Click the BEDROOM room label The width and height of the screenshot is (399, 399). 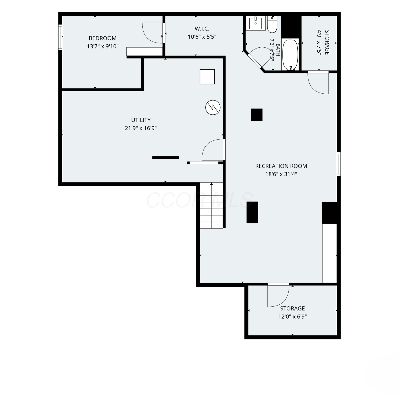click(103, 38)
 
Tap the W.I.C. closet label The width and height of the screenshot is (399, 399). click(202, 29)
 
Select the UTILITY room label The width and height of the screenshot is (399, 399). click(141, 120)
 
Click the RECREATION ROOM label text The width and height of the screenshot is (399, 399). click(281, 166)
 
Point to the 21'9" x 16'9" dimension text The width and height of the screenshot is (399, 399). click(141, 128)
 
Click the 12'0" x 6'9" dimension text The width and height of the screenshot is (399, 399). click(293, 317)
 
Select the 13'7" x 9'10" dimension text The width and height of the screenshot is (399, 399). click(103, 46)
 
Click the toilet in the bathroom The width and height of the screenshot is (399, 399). click(272, 24)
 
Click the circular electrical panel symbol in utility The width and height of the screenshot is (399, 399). click(213, 107)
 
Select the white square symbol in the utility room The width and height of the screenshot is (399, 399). click(207, 77)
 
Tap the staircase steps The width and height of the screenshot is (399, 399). click(211, 205)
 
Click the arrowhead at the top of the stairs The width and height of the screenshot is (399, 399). click(211, 184)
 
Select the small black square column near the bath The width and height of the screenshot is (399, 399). click(257, 115)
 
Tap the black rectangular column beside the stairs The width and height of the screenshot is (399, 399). click(252, 212)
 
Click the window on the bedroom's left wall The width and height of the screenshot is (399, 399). click(60, 37)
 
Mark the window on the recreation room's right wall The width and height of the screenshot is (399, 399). click(339, 164)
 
